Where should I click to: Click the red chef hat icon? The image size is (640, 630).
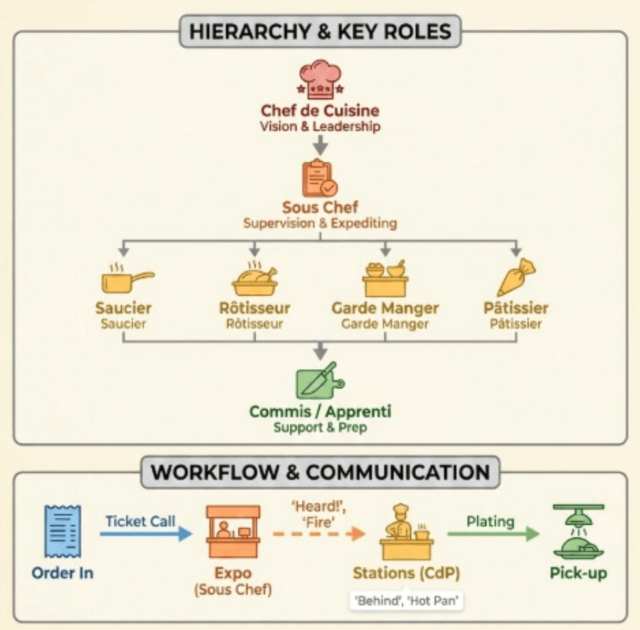[320, 78]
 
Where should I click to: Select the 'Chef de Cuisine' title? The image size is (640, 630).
[320, 110]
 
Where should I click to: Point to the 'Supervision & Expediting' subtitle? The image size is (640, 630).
[320, 223]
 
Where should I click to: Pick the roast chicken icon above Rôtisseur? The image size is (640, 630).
[254, 277]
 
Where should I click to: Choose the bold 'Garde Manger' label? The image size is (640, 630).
[385, 307]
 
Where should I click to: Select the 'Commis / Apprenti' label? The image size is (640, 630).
[320, 412]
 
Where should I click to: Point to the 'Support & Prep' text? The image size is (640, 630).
[320, 428]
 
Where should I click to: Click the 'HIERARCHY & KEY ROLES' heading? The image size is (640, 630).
[320, 31]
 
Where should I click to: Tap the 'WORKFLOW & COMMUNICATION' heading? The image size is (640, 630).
[320, 472]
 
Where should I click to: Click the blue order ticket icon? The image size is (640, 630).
[63, 531]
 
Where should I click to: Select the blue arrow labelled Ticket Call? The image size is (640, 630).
[145, 534]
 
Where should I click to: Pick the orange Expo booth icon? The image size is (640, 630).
[233, 531]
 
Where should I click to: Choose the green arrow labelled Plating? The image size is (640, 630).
[493, 534]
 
